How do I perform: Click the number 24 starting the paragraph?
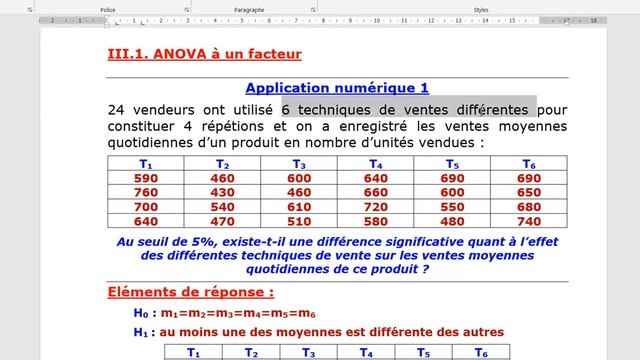click(119, 109)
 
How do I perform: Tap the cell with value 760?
click(146, 192)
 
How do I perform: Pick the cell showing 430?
click(223, 192)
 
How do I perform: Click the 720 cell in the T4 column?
click(375, 207)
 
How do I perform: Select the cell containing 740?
click(529, 221)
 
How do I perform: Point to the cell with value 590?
click(146, 178)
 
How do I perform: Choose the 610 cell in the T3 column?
click(299, 207)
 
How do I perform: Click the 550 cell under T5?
click(452, 207)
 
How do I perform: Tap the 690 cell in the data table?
click(452, 178)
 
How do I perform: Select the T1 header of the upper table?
click(146, 164)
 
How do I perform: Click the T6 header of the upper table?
click(529, 164)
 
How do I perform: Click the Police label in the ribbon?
click(108, 9)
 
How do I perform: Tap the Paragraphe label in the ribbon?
click(249, 9)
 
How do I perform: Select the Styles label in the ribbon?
click(481, 9)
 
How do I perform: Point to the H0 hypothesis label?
click(139, 314)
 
